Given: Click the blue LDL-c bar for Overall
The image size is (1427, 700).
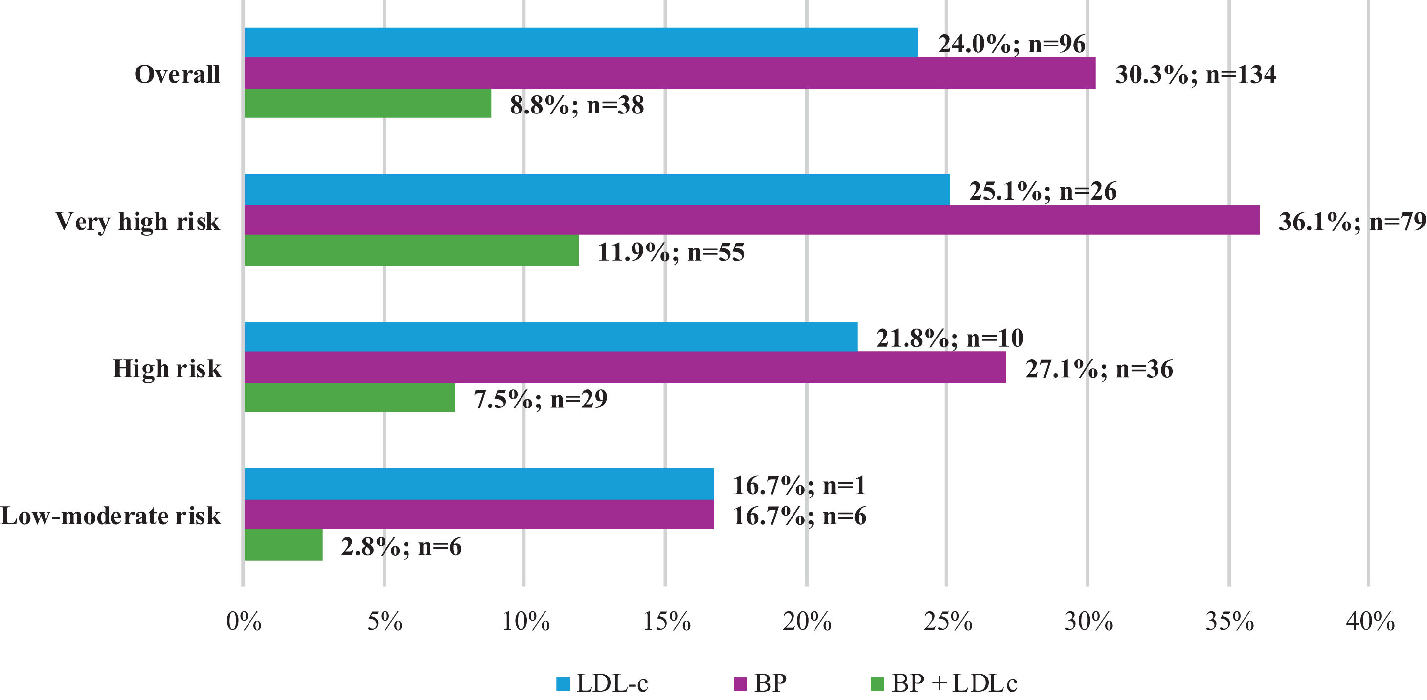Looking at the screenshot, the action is point(581,43).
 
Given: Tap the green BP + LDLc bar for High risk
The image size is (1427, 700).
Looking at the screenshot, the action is point(350,397).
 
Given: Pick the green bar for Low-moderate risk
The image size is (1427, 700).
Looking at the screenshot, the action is point(284,544).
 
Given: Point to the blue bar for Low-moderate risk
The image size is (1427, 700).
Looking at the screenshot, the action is point(479,484).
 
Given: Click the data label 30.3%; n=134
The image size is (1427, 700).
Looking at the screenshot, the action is point(1196,74).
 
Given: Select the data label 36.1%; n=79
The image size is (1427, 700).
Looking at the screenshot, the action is point(1352,222).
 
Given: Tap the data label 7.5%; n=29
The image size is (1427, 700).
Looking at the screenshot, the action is point(541,399).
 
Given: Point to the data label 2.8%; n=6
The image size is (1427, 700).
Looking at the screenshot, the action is point(402,546).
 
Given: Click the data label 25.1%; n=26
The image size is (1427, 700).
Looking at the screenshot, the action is point(1042,191).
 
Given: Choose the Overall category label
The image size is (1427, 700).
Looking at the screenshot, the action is point(177,74).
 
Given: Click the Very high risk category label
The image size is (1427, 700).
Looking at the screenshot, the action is point(137,222).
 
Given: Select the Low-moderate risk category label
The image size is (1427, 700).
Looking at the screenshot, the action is point(111,516).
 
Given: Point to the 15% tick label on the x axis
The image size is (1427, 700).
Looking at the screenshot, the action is point(666,621).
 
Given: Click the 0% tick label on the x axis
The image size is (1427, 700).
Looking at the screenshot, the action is point(244,621).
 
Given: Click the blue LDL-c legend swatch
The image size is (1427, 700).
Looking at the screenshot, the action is point(563,684).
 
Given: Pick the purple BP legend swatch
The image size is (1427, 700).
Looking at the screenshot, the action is point(740,684).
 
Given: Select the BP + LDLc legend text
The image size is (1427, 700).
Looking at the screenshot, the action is point(954,683).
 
